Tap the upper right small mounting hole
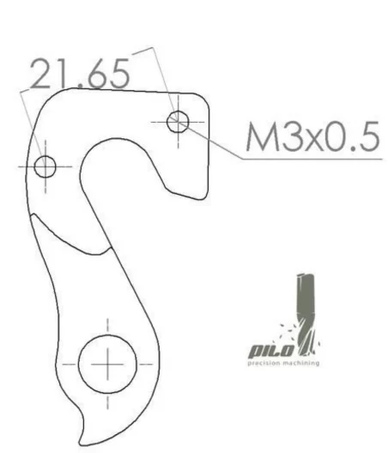click(178, 120)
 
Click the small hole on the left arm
click(45, 166)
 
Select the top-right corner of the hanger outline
click(207, 98)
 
